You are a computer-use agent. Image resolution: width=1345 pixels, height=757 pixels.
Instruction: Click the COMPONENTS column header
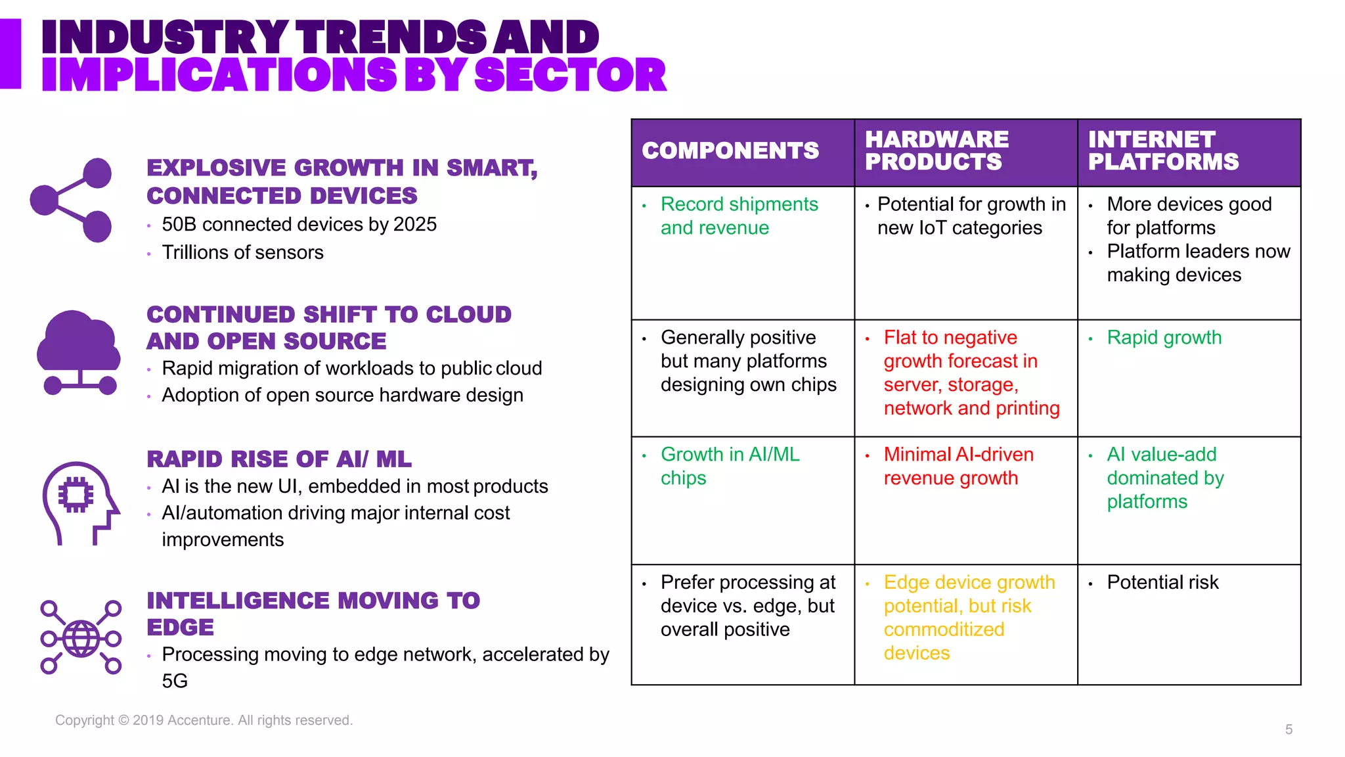tap(730, 151)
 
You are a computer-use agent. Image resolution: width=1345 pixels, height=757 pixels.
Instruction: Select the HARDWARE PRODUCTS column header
tap(937, 151)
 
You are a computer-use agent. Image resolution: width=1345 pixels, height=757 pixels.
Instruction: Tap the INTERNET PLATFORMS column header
tap(1163, 151)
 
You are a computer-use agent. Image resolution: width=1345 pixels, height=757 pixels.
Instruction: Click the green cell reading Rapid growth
tap(1164, 338)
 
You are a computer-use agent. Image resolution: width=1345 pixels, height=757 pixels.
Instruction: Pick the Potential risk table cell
tap(1162, 582)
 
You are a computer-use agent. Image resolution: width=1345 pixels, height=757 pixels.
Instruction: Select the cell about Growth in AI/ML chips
tap(730, 466)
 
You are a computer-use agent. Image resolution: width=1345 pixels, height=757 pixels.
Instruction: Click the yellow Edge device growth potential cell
tap(969, 617)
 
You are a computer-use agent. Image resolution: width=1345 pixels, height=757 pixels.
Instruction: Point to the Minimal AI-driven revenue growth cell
tap(958, 466)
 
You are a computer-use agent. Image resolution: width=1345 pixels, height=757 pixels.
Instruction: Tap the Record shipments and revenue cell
tap(739, 216)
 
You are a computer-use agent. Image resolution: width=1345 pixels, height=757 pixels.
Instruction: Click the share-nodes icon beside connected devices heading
tap(72, 200)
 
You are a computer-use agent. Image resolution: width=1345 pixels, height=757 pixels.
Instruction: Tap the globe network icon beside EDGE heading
tap(81, 637)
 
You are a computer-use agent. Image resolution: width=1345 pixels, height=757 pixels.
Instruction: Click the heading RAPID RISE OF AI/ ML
tap(279, 459)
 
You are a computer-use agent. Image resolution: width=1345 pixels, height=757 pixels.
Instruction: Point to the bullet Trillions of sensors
tap(242, 252)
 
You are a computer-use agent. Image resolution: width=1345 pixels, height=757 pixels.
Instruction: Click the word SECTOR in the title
tap(570, 75)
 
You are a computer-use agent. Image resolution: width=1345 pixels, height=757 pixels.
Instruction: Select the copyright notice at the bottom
tap(204, 720)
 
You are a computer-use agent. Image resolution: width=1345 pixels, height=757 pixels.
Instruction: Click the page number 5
tap(1289, 729)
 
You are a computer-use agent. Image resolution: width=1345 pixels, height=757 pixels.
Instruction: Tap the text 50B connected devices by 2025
tap(299, 225)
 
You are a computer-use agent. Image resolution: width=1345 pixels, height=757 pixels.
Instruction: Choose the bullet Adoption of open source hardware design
tap(342, 395)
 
